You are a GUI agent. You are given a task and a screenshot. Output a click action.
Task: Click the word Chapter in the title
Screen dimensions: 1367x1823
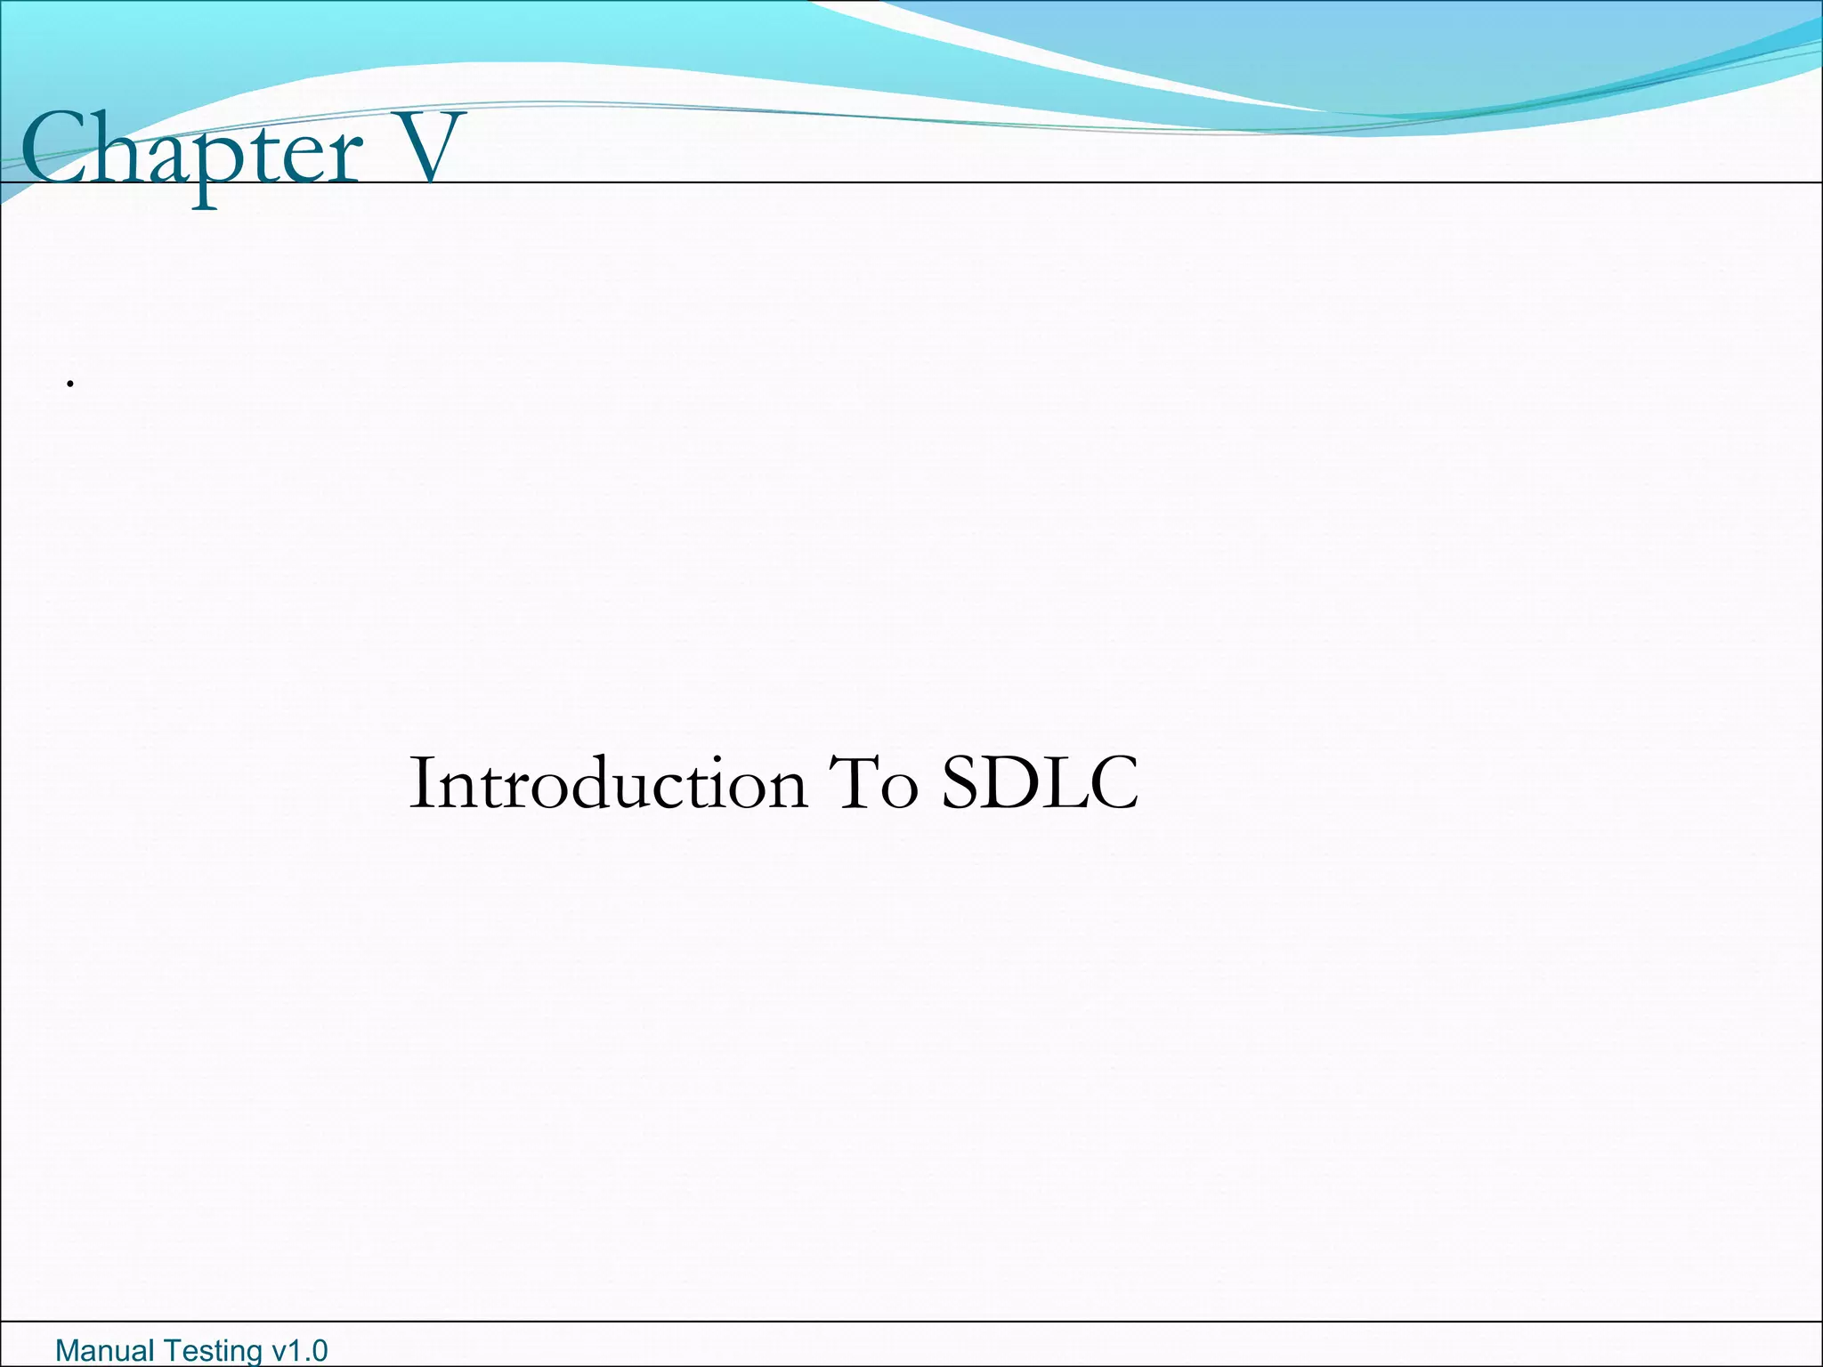(x=191, y=151)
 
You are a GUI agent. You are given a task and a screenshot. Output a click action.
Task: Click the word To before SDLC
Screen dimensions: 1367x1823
(x=872, y=783)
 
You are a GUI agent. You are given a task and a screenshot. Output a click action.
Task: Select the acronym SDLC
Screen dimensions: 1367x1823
(x=1040, y=783)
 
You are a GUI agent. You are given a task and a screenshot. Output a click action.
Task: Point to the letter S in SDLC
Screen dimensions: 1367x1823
(x=961, y=783)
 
